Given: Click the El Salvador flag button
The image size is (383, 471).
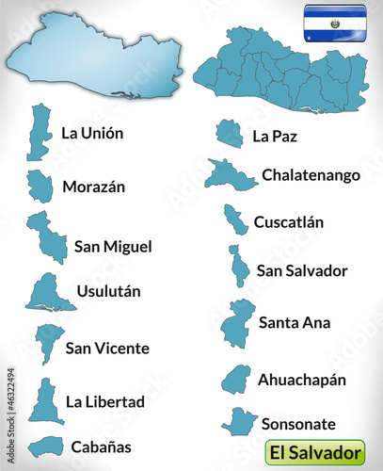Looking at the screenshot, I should tap(335, 23).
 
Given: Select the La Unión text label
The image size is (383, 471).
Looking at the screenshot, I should tap(92, 133).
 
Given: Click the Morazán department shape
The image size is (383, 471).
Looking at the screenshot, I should tap(40, 186).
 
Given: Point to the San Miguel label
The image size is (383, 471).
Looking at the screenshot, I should tap(113, 247).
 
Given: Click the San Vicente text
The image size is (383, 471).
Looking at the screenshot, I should tap(107, 349).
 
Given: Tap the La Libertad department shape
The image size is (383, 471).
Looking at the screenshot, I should tap(44, 402).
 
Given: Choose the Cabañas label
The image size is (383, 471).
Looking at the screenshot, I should tap(101, 446).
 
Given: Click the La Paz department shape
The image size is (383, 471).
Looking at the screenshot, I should tap(229, 134).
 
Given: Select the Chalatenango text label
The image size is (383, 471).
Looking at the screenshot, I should tap(311, 174).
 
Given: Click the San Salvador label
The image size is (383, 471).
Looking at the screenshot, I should tap(302, 271).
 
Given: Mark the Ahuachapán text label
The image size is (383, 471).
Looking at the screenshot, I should tap(302, 380).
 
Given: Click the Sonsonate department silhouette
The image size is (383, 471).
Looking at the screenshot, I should tap(239, 421).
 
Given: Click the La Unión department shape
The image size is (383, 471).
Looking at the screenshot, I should tap(40, 132).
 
